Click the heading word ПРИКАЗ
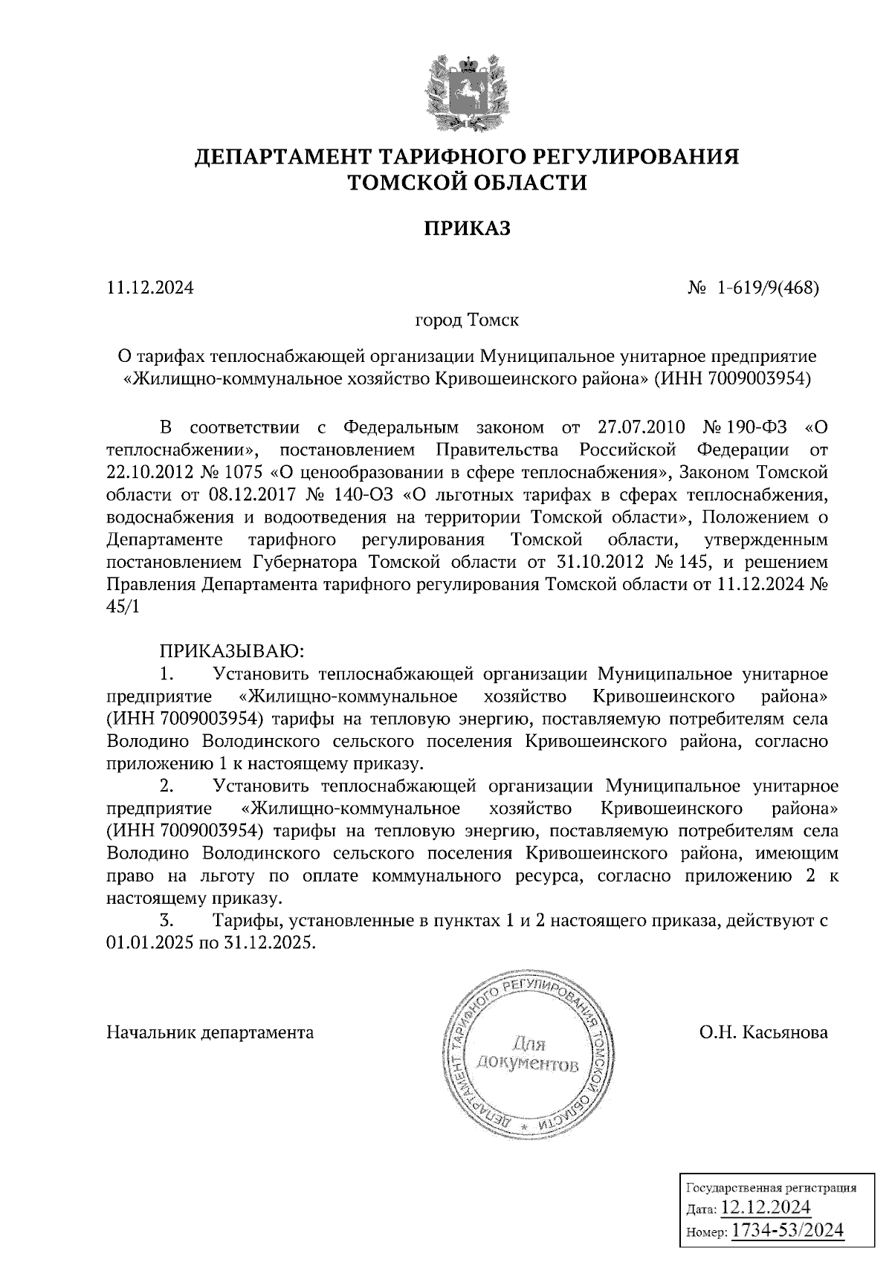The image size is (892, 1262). [x=468, y=229]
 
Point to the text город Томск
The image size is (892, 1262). [x=466, y=321]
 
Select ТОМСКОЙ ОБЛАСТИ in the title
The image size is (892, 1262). [x=468, y=182]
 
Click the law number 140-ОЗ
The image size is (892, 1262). [x=358, y=495]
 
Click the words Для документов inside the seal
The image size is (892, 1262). [x=526, y=1055]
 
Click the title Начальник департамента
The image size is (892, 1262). [x=210, y=1032]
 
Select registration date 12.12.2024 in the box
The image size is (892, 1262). [x=766, y=1206]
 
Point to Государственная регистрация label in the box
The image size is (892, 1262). [x=769, y=1187]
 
